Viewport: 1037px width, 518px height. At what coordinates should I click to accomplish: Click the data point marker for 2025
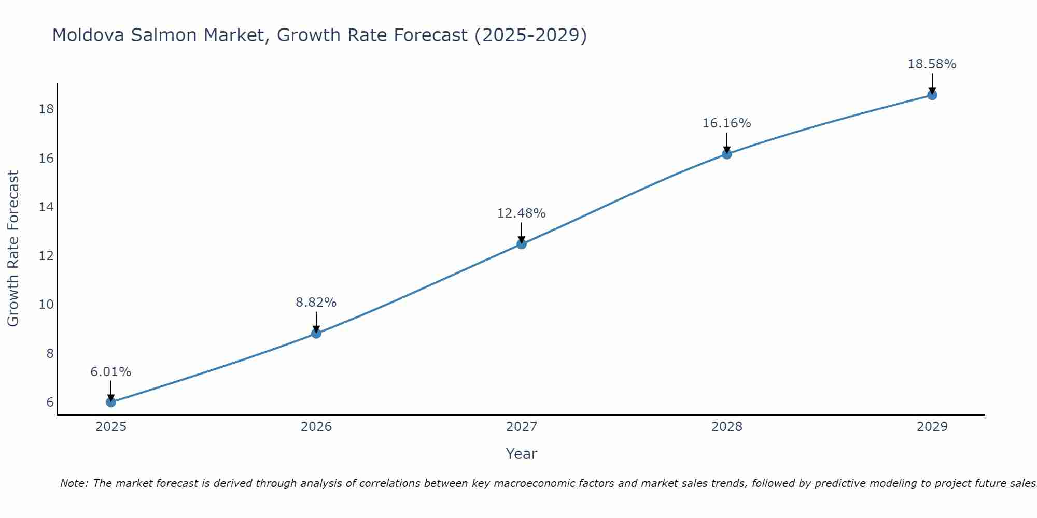[110, 402]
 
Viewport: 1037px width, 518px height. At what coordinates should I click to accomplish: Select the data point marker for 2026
[316, 334]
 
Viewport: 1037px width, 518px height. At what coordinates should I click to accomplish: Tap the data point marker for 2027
[522, 244]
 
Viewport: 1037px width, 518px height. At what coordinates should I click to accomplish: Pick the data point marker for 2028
[727, 154]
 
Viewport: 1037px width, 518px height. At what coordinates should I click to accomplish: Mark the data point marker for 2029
[932, 95]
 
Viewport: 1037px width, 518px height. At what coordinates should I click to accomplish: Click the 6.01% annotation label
[110, 372]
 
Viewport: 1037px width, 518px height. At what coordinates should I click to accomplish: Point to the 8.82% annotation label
[316, 303]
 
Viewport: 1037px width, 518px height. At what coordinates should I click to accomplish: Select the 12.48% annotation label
[522, 213]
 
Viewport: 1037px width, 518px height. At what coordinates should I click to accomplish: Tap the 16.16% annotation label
[727, 123]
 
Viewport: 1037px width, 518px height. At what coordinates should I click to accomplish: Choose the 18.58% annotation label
[932, 64]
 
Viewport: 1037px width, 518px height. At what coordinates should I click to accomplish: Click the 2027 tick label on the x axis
[522, 427]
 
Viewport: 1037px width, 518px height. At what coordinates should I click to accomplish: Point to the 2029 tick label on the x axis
[932, 427]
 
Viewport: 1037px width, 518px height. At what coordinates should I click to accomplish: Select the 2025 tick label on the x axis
[111, 427]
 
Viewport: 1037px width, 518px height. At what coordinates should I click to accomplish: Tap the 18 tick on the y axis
[46, 109]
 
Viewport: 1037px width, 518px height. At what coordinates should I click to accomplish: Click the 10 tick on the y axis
[46, 305]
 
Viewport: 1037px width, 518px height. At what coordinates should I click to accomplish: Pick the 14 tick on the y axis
[46, 207]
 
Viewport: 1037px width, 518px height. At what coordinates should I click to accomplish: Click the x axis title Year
[522, 454]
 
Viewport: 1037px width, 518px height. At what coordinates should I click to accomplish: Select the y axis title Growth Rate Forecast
[13, 249]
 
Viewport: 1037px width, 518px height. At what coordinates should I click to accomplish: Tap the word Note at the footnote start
[74, 484]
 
